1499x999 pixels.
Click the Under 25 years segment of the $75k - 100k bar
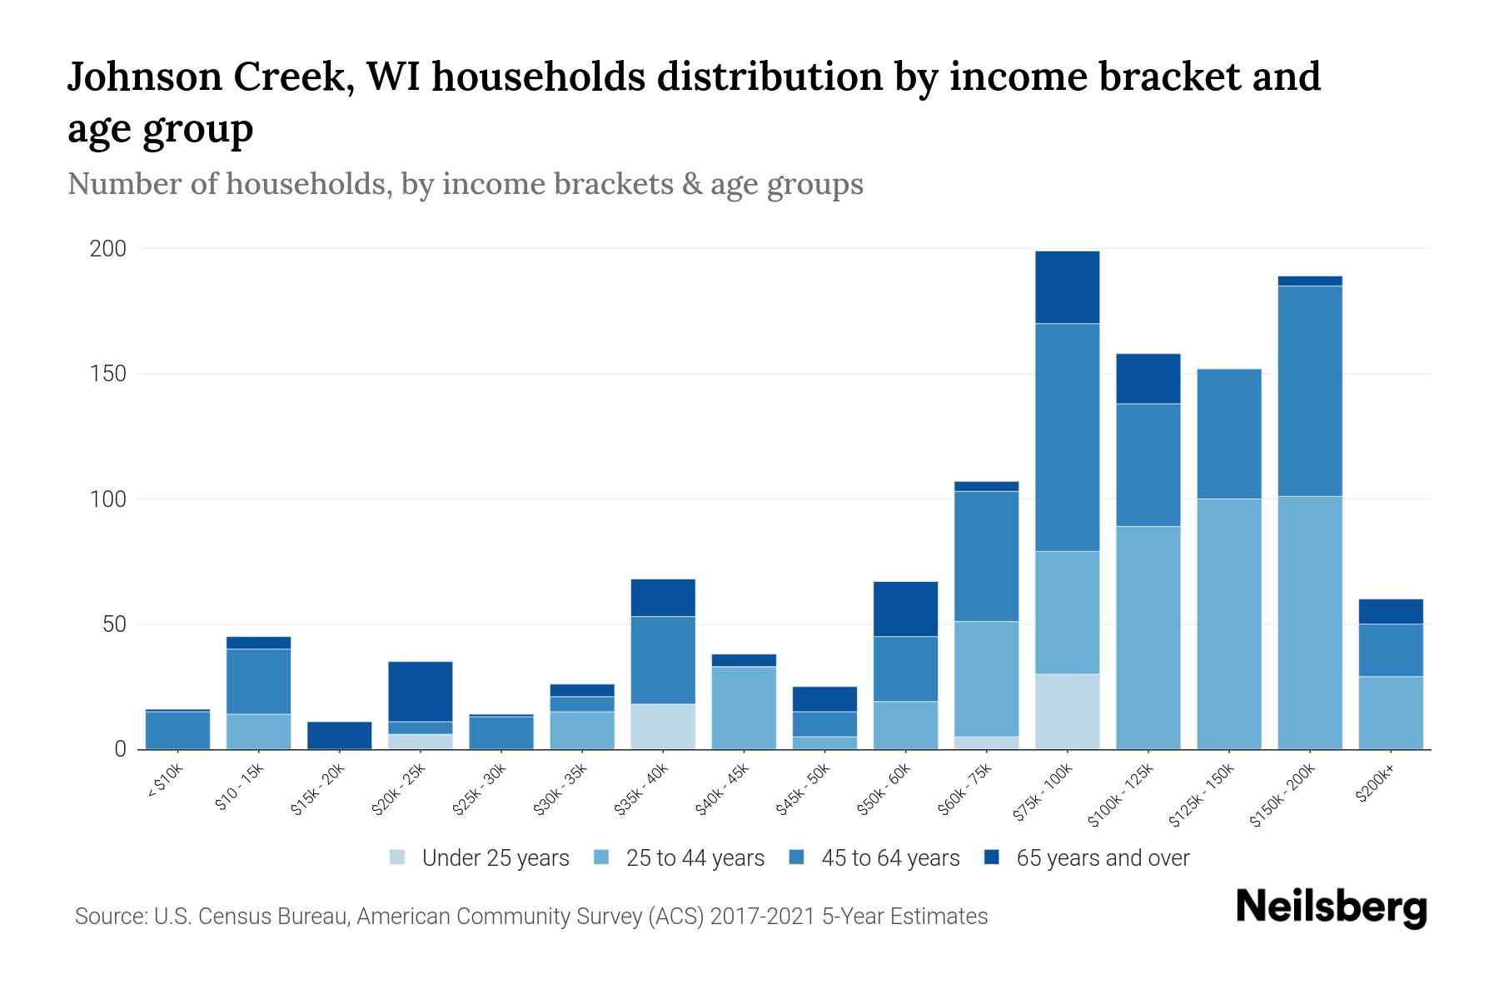tap(1067, 711)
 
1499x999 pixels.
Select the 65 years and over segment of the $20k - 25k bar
tap(421, 691)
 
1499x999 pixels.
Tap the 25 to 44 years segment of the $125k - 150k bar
tap(1229, 624)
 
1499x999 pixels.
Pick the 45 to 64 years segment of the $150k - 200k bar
tap(1310, 390)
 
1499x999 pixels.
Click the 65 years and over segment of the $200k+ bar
tap(1391, 611)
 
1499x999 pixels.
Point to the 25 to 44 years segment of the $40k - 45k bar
tap(744, 707)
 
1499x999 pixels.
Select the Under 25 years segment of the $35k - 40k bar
tap(663, 726)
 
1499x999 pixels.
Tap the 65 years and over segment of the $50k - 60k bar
tap(905, 609)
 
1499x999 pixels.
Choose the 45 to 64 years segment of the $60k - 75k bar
tap(986, 556)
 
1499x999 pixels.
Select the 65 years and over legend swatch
tap(992, 858)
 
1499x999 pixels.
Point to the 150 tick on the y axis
tap(108, 374)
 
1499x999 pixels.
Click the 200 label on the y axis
tap(108, 249)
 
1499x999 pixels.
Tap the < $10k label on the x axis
tap(166, 783)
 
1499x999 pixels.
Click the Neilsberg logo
tap(1332, 907)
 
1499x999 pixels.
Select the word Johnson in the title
tap(142, 77)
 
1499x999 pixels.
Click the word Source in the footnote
tap(109, 917)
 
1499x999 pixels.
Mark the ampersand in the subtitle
tap(690, 183)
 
